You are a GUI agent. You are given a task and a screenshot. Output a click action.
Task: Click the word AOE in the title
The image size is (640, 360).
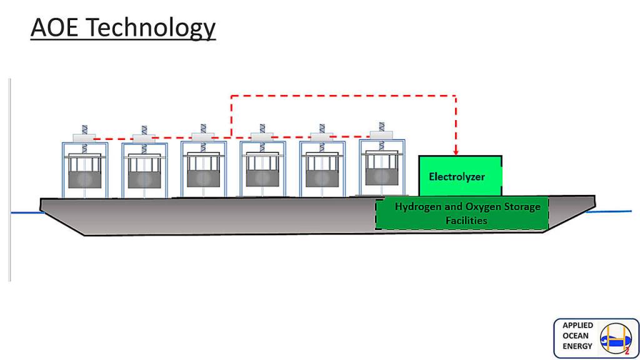tap(55, 28)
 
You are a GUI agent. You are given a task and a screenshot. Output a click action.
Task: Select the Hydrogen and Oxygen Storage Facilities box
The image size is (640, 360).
tap(462, 213)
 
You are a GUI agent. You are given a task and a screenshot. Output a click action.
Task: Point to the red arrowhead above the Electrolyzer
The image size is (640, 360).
tap(456, 151)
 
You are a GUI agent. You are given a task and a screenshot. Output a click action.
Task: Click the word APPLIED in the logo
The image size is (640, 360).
tap(578, 326)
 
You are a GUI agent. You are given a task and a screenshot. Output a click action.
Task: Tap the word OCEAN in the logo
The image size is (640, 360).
tap(576, 336)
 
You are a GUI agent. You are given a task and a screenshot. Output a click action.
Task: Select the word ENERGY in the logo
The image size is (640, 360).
tap(577, 346)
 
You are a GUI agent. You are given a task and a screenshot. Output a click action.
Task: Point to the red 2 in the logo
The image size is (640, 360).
tap(626, 351)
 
